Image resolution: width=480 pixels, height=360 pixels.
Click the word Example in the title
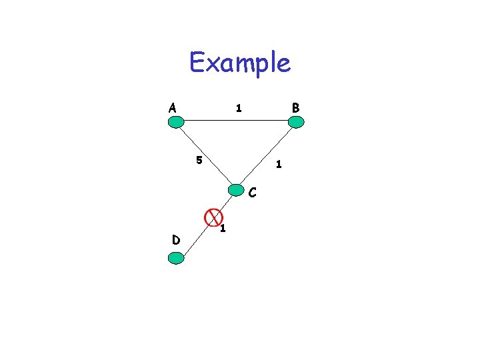coord(240,63)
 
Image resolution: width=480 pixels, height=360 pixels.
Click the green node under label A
coord(176,122)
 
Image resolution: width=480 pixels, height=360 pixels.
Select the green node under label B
coord(296,122)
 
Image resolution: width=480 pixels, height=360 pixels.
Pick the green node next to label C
coord(236,189)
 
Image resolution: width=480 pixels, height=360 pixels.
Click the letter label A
coord(173,107)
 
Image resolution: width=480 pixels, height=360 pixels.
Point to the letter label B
coord(296,107)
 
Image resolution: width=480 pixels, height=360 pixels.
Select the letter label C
coord(253,194)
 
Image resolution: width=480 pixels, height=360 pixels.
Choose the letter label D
coord(175,239)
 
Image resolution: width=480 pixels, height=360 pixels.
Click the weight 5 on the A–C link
coord(199,160)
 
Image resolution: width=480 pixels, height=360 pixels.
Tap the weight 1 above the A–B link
coord(238,107)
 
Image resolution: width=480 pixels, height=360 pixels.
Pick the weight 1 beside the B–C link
coord(279,164)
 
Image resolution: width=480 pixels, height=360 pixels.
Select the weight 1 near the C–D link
coord(223,229)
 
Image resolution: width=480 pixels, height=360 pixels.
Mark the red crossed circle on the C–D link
coord(213,216)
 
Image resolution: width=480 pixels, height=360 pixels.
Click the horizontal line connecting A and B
coord(236,121)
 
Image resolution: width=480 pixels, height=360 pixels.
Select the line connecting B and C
coord(267,155)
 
